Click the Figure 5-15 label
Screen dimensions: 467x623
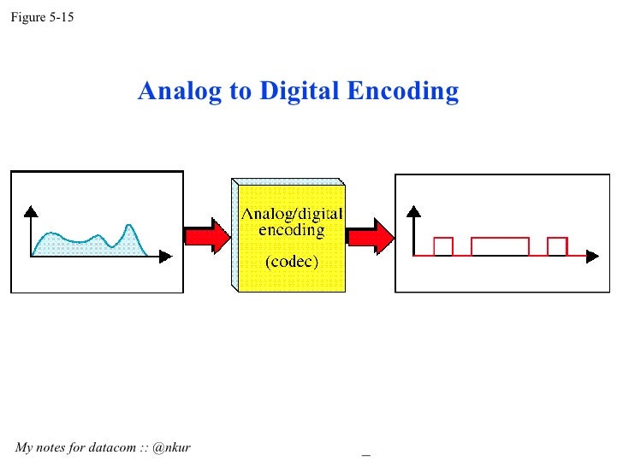[x=42, y=15]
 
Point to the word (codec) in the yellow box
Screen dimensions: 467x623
[x=291, y=263]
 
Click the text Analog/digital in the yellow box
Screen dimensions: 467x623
[x=291, y=214]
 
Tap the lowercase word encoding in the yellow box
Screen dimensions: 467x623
[x=291, y=230]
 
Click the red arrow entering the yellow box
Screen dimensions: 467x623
[x=208, y=233]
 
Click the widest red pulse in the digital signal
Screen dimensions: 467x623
[x=500, y=245]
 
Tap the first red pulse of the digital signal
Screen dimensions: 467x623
[x=443, y=245]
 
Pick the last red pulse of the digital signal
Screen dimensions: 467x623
[x=557, y=245]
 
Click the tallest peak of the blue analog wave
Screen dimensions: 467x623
[x=128, y=228]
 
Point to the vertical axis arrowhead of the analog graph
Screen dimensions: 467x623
[x=31, y=210]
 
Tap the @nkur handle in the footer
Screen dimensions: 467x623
[x=171, y=447]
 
